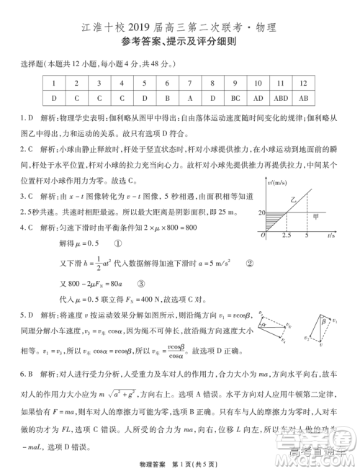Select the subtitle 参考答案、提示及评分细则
179,43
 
